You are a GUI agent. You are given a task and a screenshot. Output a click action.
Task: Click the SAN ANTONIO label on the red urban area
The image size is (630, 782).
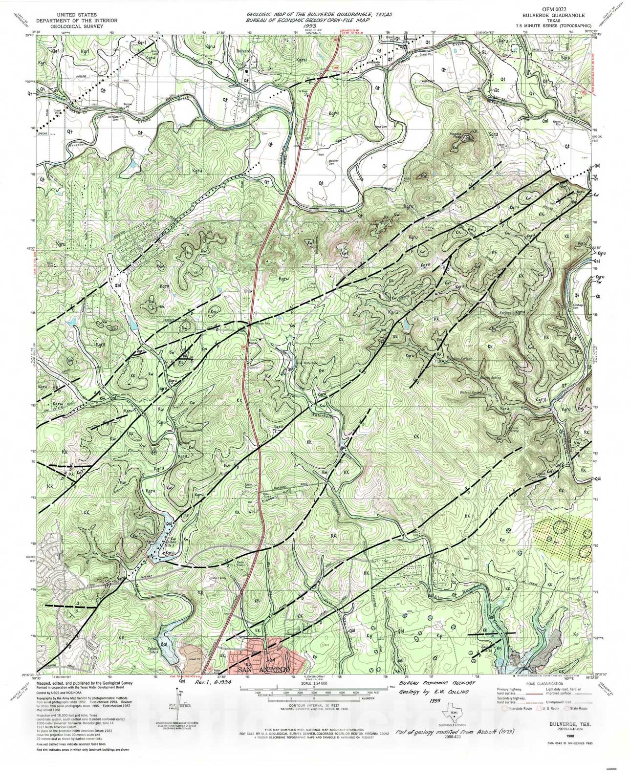click(264, 669)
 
